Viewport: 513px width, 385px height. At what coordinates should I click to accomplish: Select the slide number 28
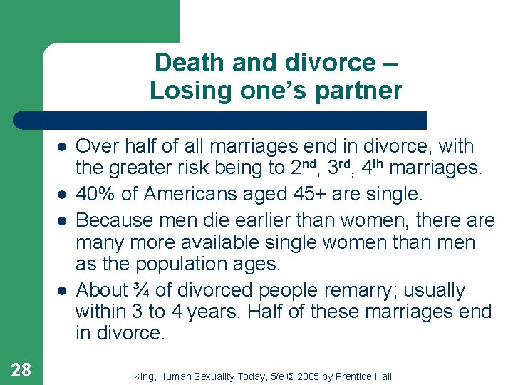pos(21,369)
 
